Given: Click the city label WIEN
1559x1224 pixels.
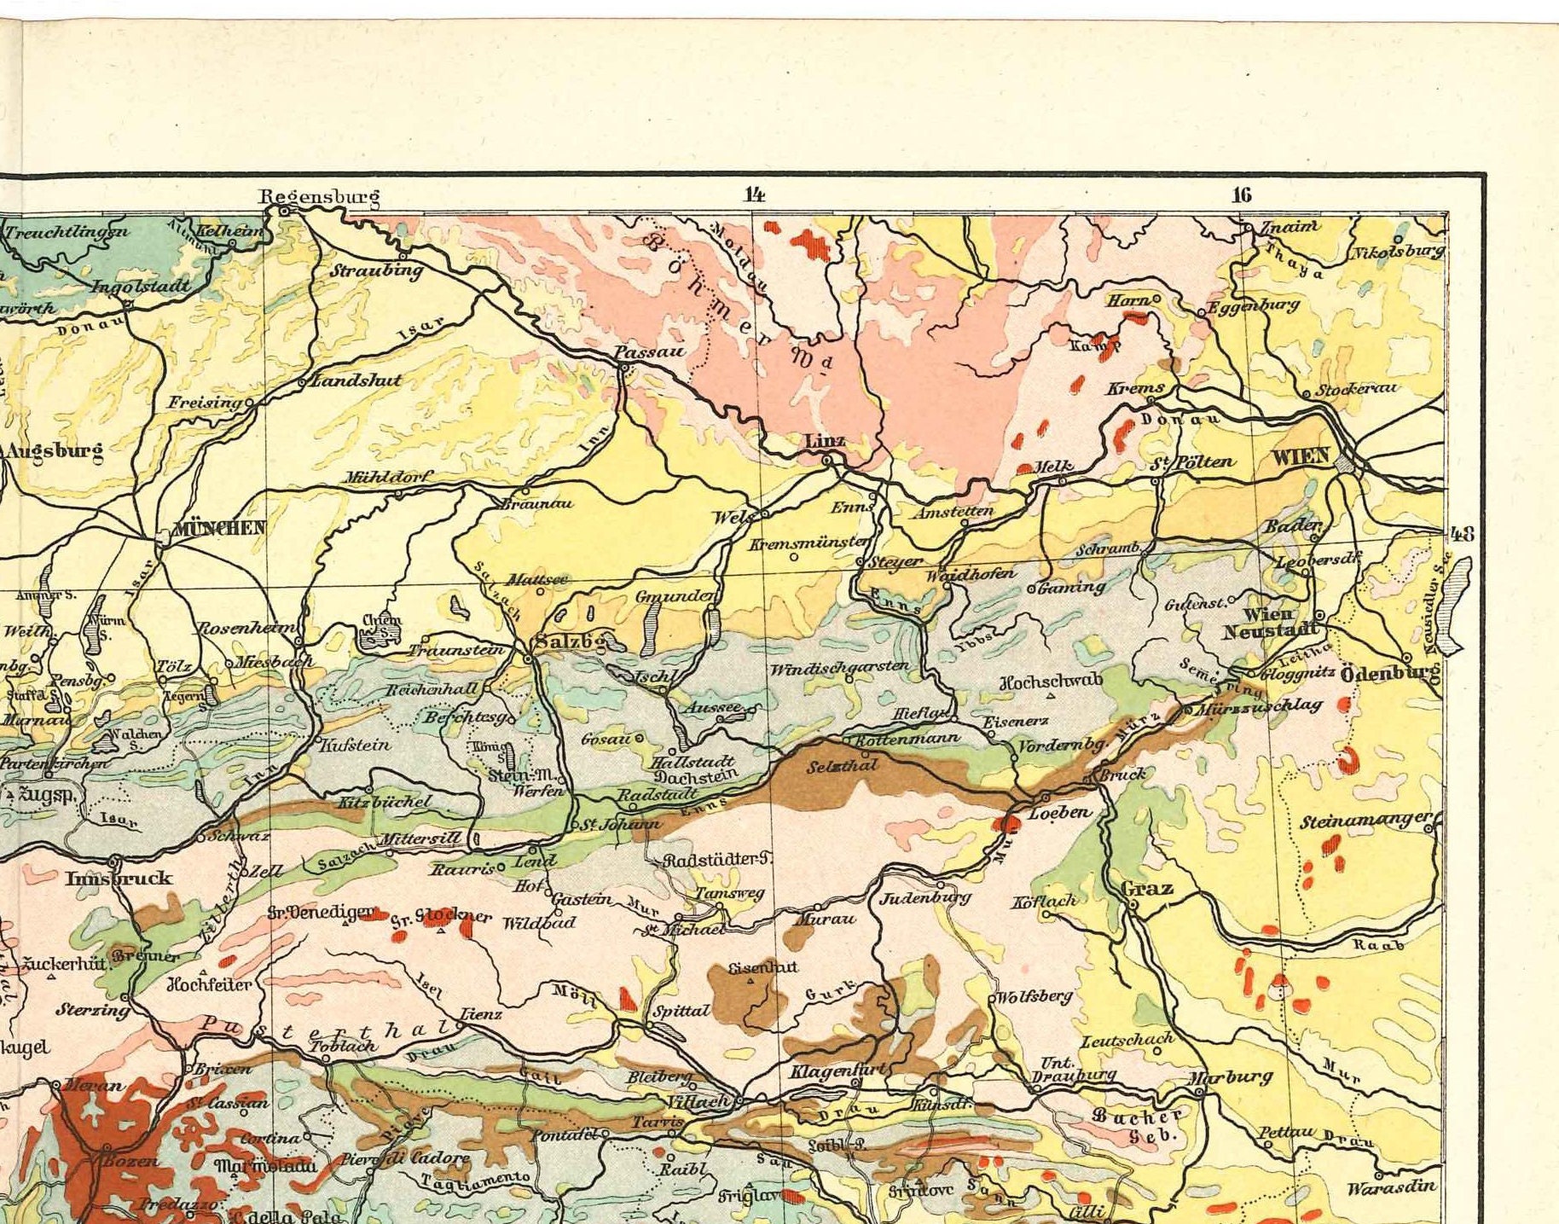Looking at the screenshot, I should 1301,456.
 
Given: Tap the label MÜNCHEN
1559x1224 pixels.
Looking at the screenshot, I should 219,528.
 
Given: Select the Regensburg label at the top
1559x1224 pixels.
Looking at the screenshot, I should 319,197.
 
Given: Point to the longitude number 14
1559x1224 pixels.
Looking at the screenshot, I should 754,194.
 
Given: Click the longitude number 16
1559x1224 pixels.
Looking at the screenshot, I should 1242,194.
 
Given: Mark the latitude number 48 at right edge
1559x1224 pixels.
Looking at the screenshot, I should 1462,535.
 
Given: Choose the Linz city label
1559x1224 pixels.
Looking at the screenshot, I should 825,441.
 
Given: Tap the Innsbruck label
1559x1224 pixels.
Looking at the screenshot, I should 119,878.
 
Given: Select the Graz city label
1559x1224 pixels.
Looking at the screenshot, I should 1147,888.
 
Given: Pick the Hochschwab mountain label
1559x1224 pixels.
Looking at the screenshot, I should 1051,681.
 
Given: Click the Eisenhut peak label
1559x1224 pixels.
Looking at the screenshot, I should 763,967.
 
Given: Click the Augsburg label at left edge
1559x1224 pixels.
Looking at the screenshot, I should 55,450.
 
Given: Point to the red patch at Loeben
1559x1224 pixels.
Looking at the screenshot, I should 1008,823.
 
